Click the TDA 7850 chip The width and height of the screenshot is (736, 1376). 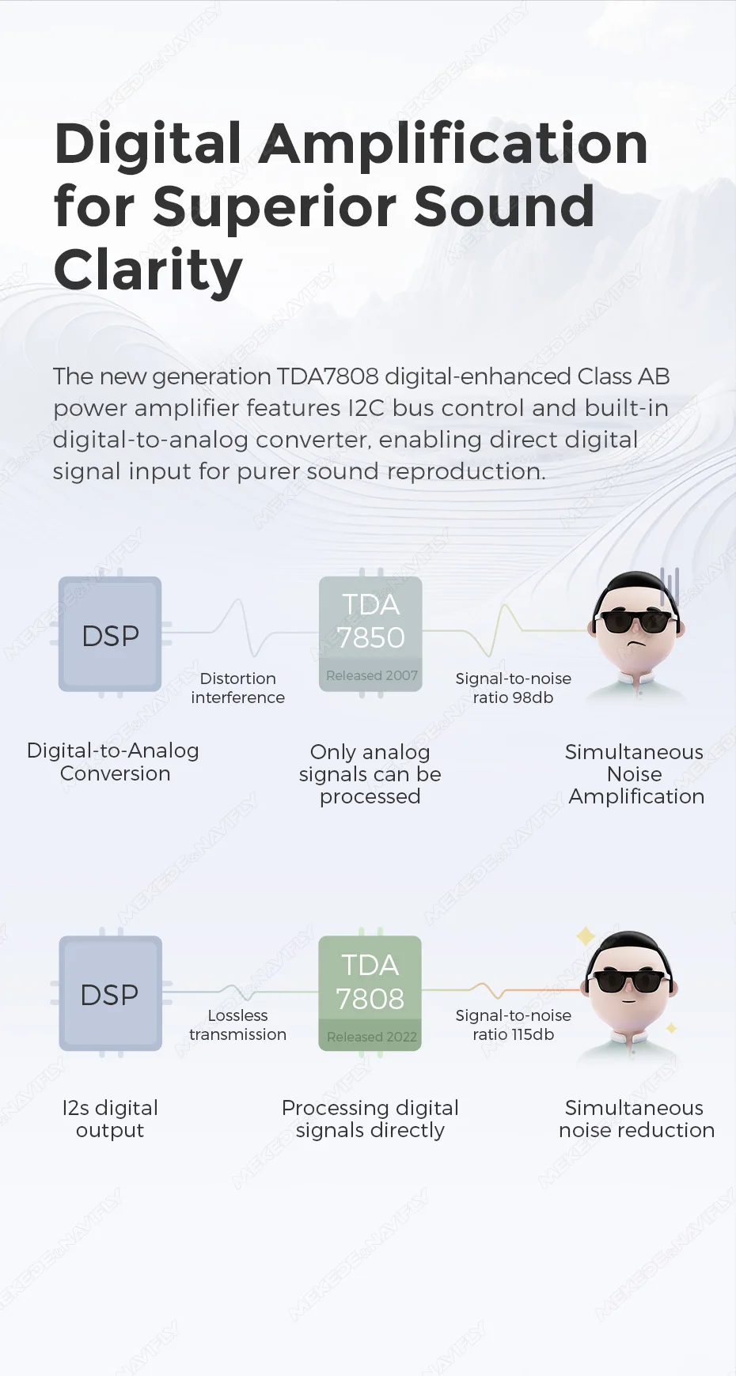pos(370,633)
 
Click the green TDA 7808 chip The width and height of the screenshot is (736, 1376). pos(370,993)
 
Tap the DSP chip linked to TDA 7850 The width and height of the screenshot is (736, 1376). pos(110,633)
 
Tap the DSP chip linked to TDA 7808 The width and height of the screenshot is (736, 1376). pos(110,993)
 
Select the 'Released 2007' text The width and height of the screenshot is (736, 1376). pos(372,675)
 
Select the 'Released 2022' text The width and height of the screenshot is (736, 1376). pos(372,1037)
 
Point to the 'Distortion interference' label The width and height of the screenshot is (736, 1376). pos(238,688)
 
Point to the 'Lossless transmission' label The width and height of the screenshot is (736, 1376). pos(238,1025)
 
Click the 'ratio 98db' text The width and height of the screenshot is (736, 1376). pos(513,697)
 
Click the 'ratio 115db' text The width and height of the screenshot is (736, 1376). pos(513,1034)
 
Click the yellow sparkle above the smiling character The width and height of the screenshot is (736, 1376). pos(586,936)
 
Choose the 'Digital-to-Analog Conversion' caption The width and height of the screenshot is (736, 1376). pos(113,762)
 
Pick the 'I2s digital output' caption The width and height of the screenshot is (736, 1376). pos(110,1119)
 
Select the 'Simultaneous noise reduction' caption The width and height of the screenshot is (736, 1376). pos(636,1119)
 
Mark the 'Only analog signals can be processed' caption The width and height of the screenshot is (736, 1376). pos(370,774)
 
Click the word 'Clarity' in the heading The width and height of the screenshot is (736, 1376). pos(148,270)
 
